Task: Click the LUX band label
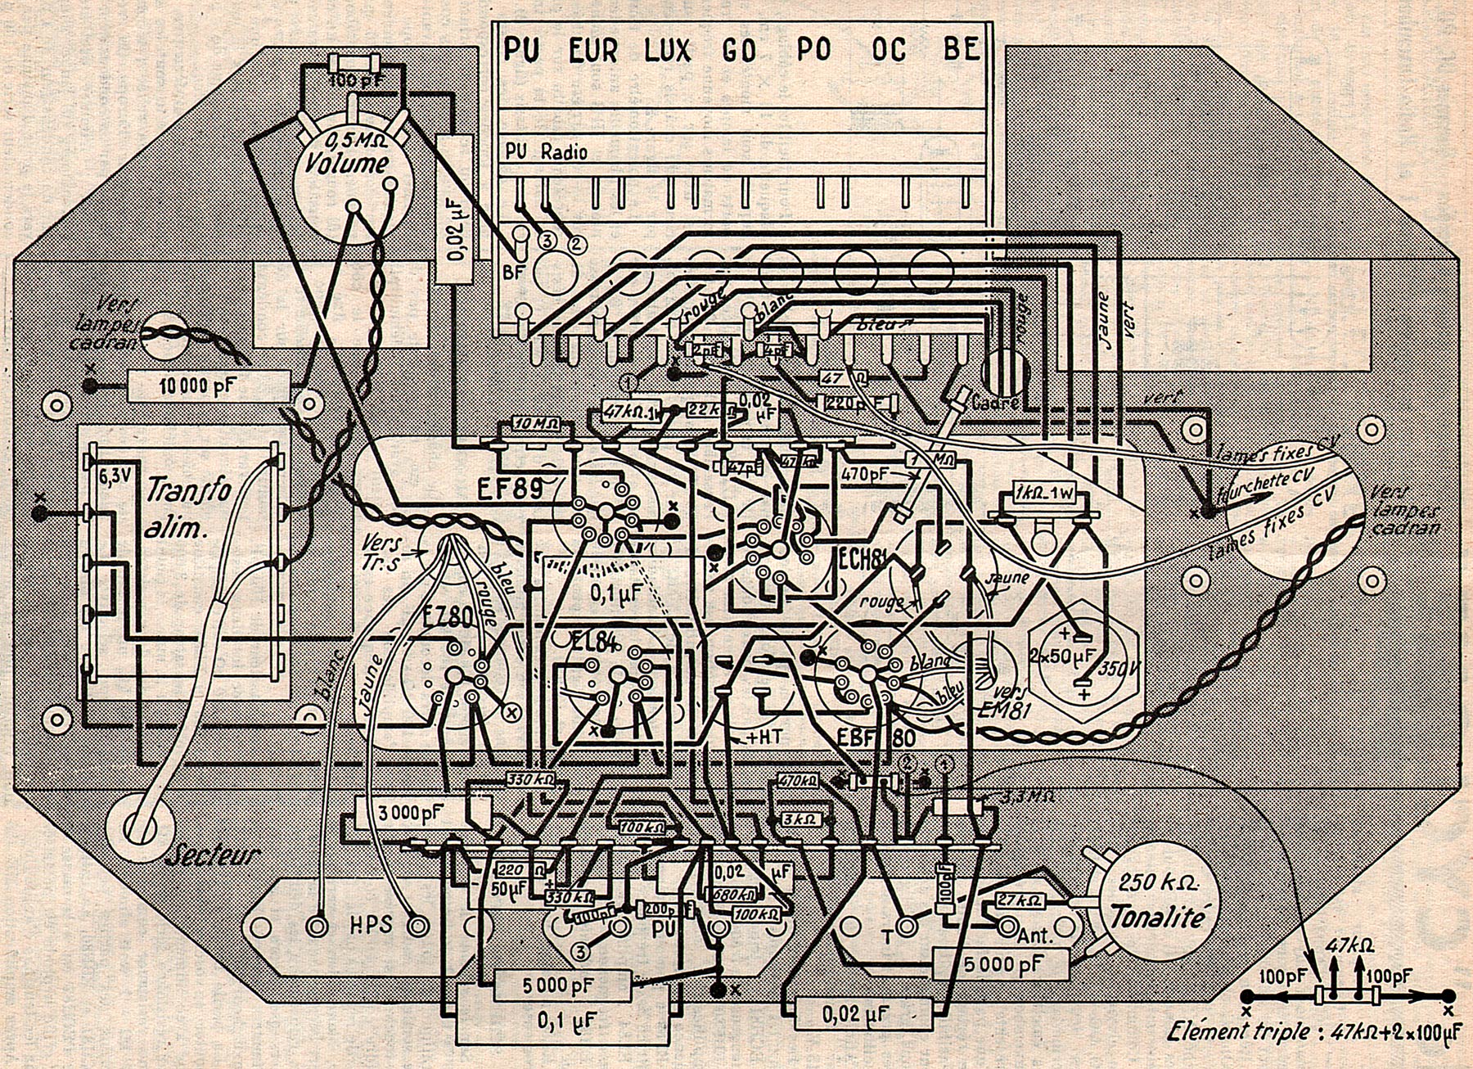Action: [x=667, y=51]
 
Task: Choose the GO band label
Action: [x=740, y=51]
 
